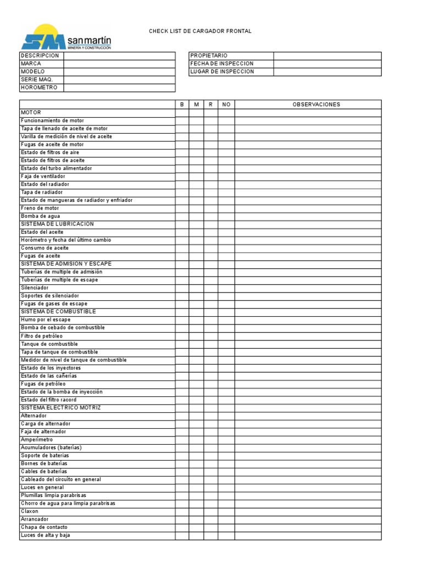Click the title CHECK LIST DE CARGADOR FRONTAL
(200, 31)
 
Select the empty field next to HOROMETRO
(119, 88)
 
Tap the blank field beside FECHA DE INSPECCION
(327, 64)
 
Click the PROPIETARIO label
(209, 56)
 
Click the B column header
(182, 104)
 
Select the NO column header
(226, 104)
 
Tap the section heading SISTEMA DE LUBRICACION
(57, 224)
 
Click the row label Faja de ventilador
(44, 176)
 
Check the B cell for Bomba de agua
(182, 216)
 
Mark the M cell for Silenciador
(196, 288)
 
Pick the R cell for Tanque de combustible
(210, 344)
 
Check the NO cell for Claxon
(226, 511)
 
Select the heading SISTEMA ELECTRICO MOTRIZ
(60, 407)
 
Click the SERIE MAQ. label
(37, 80)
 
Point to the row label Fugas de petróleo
(43, 384)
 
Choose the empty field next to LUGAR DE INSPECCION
(327, 72)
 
